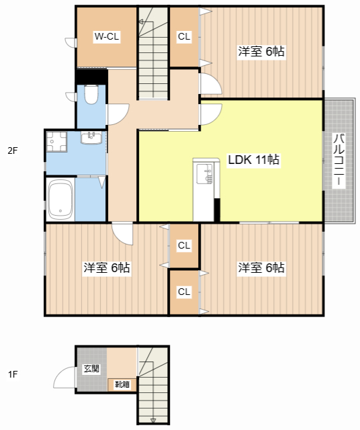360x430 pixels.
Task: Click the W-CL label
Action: click(x=107, y=36)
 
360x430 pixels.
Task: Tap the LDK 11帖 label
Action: click(x=254, y=160)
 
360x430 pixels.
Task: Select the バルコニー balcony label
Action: click(x=339, y=161)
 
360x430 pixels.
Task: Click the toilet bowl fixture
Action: click(x=91, y=94)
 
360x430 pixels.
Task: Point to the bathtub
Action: click(x=60, y=199)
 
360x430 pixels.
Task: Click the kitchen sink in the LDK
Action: click(x=205, y=173)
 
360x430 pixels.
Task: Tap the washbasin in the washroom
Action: click(x=91, y=137)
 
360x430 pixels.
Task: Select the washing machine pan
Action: click(x=56, y=142)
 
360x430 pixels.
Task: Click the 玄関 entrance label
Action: click(x=91, y=369)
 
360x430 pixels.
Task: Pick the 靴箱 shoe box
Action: click(x=122, y=384)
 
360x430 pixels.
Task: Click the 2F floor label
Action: click(x=13, y=150)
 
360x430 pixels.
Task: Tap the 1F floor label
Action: click(x=13, y=374)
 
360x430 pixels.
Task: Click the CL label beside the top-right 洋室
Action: click(x=184, y=36)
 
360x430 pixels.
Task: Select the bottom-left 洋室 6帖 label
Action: click(x=107, y=267)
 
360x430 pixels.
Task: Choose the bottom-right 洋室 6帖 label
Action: click(x=261, y=267)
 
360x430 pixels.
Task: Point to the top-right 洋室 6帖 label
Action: click(x=261, y=52)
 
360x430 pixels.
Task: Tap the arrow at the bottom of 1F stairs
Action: click(x=153, y=421)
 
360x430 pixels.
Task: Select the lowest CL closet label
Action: click(x=184, y=292)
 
